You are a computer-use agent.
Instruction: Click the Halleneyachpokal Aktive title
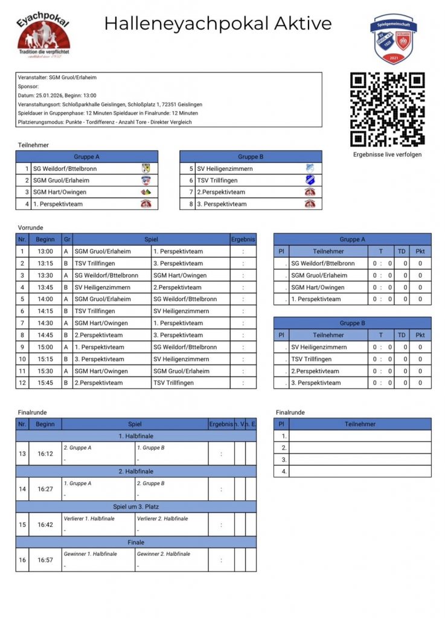point(218,24)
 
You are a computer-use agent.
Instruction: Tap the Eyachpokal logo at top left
point(43,36)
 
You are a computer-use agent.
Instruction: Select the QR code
point(388,109)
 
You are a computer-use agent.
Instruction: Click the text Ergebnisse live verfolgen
point(388,154)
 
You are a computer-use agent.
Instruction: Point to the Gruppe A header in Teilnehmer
point(86,156)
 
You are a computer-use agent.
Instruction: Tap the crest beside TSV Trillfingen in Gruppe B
point(310,180)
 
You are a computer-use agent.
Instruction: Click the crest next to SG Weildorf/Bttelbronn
point(146,168)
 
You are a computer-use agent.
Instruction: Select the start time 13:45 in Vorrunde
point(45,287)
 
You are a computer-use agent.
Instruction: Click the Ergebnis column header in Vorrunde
point(243,240)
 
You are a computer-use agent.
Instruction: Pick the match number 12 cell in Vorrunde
point(22,383)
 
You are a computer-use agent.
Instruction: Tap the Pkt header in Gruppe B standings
point(420,335)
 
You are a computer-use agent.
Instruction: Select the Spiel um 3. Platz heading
point(136,506)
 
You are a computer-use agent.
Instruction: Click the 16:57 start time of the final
point(45,560)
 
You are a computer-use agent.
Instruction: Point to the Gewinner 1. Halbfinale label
point(91,553)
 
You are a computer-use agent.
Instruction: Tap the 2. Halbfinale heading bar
point(136,471)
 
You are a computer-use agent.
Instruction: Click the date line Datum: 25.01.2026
point(57,95)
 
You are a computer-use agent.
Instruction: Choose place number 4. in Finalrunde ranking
point(282,471)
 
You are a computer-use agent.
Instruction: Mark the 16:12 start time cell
point(45,453)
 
